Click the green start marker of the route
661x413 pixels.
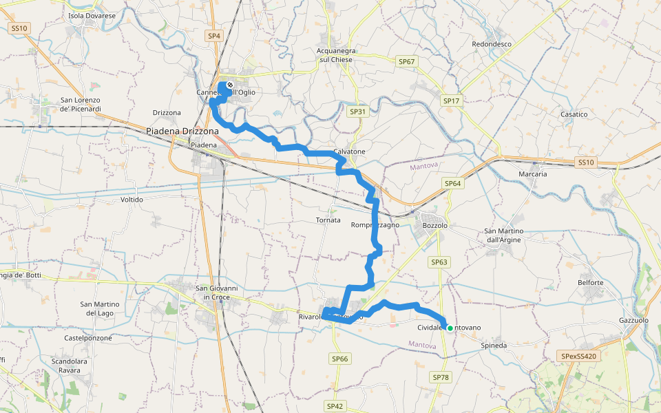point(450,328)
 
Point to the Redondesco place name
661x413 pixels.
point(492,44)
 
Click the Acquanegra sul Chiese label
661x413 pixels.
point(335,55)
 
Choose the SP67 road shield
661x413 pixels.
point(407,62)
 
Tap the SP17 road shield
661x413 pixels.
point(451,101)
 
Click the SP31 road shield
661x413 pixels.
point(357,112)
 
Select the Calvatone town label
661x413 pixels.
point(349,151)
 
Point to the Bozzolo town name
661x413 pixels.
point(435,226)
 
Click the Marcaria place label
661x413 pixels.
point(532,174)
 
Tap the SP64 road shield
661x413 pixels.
point(452,184)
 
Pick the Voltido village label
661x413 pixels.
point(132,200)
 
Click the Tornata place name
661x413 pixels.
point(328,220)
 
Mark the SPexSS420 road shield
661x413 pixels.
point(579,356)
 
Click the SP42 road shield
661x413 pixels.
point(335,406)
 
